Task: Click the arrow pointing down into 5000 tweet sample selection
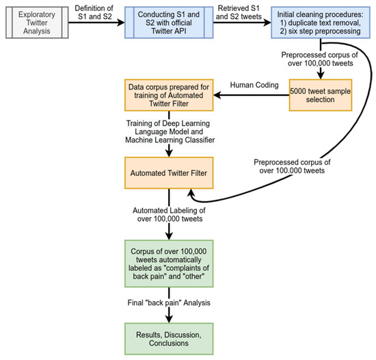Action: coord(320,68)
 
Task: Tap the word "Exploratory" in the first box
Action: coord(46,14)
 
